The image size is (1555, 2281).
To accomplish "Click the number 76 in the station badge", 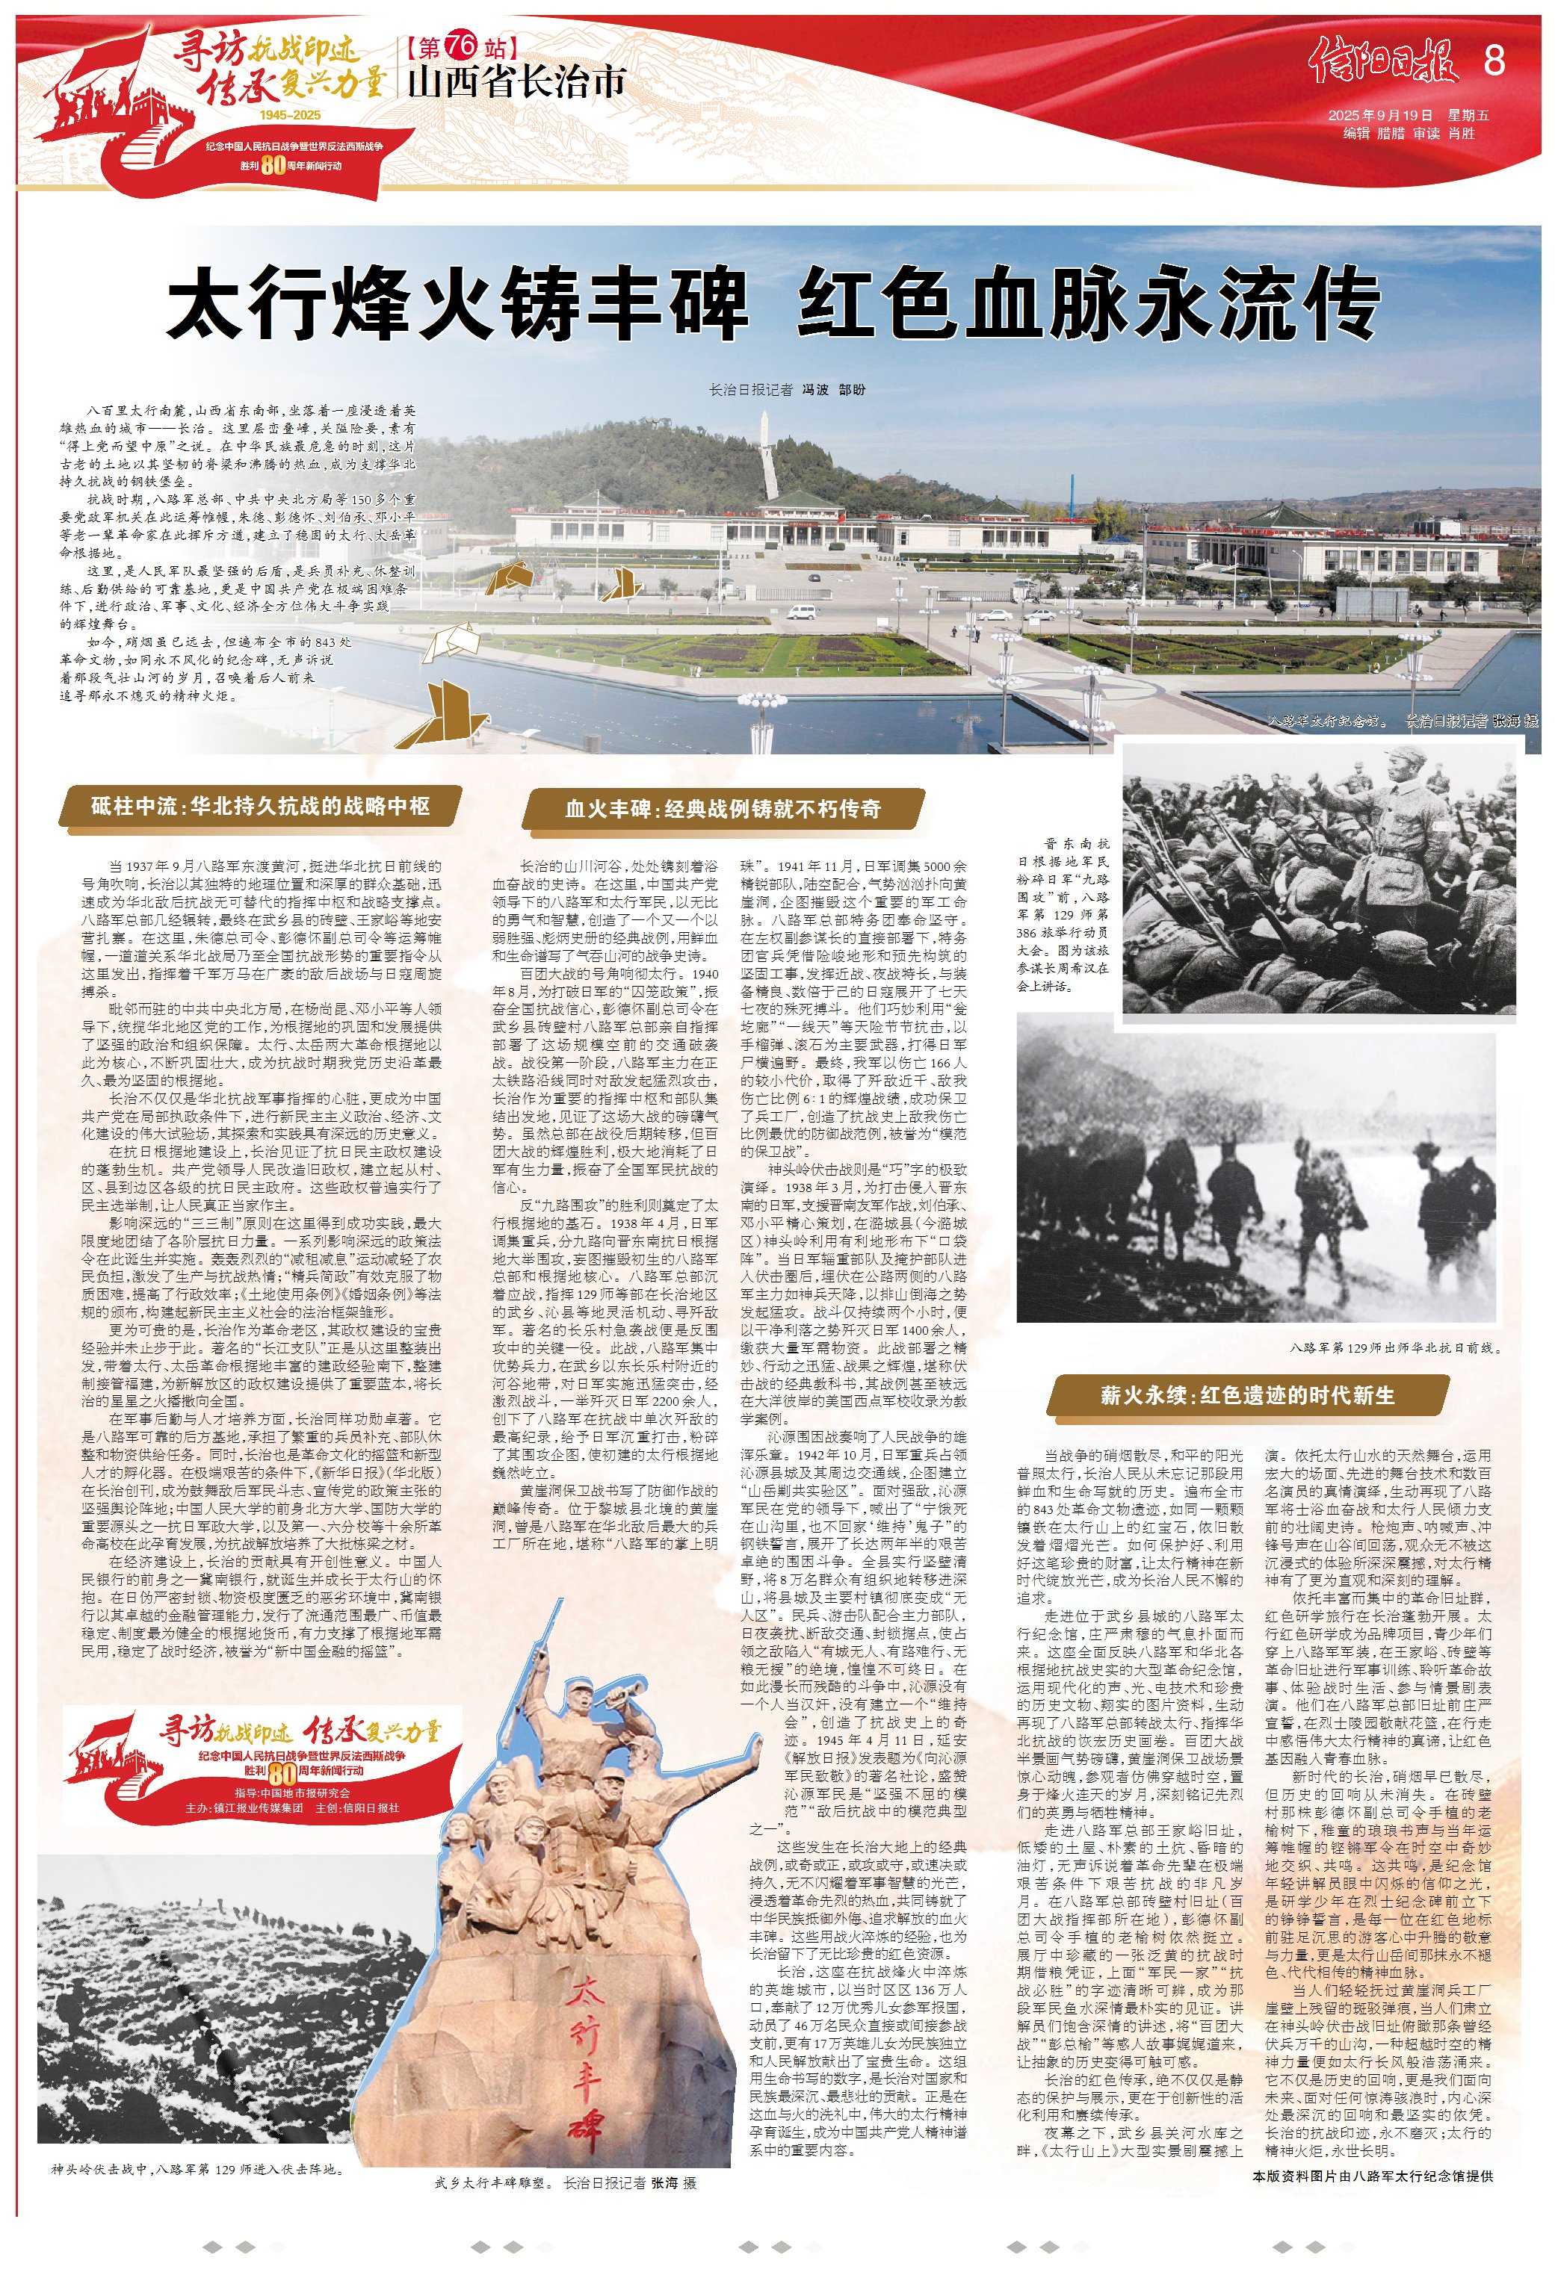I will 460,45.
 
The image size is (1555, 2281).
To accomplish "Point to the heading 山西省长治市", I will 516,82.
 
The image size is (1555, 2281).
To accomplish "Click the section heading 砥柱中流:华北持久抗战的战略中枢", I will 260,806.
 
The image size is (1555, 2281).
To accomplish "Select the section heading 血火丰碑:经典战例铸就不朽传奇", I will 722,809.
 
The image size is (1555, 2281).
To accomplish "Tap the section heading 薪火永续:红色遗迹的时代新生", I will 1246,1394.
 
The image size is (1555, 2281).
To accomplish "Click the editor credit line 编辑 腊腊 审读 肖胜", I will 1409,134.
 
